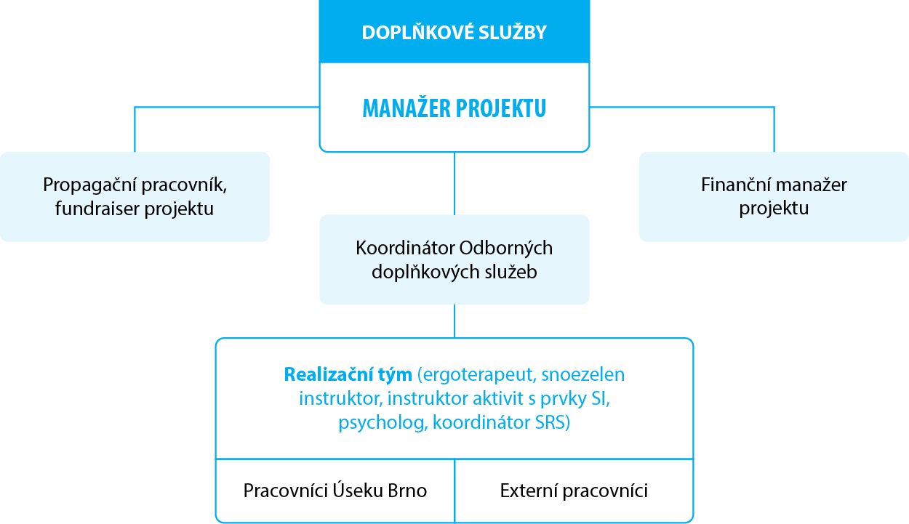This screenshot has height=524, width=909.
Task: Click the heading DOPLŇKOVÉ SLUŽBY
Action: click(454, 33)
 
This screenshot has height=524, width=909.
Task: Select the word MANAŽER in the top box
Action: click(407, 108)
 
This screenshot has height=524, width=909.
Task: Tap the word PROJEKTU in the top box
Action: click(501, 109)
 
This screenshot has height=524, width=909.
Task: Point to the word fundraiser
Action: click(97, 209)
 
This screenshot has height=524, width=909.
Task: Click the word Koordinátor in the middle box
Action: click(406, 248)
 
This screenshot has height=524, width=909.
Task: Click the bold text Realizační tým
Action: click(348, 374)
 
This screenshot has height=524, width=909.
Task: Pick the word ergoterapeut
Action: click(478, 375)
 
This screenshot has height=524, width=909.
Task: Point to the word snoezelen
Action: click(583, 374)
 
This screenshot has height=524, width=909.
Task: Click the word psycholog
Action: click(383, 423)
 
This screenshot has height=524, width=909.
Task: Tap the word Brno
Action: click(407, 491)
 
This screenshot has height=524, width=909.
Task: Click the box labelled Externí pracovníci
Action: click(574, 491)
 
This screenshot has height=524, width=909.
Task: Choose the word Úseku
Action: click(358, 490)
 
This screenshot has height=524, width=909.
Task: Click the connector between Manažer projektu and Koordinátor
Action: click(454, 183)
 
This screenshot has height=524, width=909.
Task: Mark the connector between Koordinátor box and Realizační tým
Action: click(454, 321)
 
